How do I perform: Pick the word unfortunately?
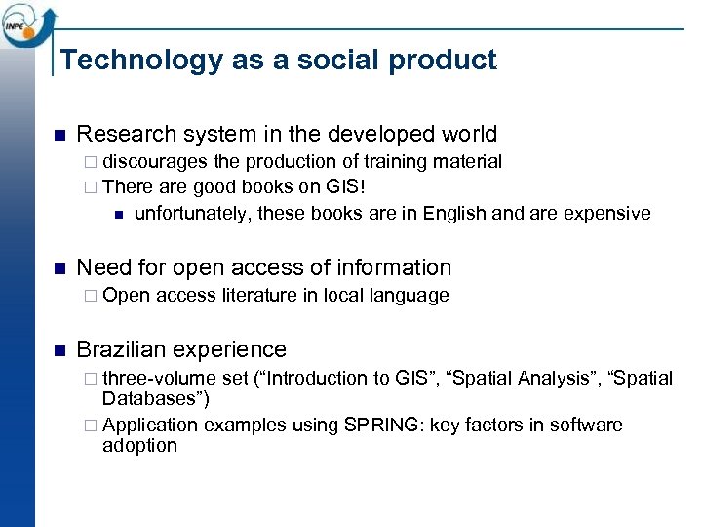[x=192, y=214]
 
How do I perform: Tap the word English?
[x=455, y=214]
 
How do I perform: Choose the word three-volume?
[x=160, y=378]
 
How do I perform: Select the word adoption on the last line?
[x=139, y=446]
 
